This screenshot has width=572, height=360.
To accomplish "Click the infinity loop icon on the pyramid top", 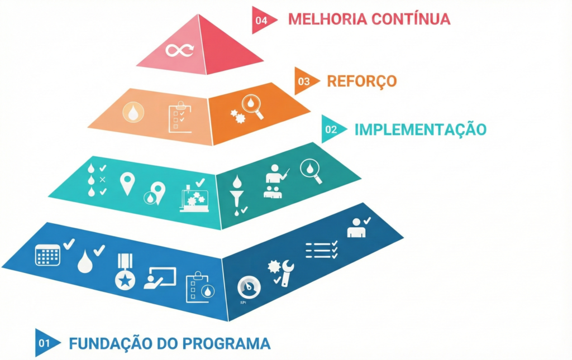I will pos(179,50).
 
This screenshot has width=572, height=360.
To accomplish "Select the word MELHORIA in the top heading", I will pos(320,19).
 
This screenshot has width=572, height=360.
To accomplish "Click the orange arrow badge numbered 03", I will pos(304,81).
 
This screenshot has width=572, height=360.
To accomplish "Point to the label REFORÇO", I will pos(362,81).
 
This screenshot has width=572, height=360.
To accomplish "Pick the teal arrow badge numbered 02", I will pos(331,129).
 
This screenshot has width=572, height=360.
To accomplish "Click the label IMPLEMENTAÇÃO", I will pos(420,129).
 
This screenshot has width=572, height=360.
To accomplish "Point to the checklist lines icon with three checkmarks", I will pos(321,249).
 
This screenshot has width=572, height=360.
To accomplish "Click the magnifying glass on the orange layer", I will pos(252,107).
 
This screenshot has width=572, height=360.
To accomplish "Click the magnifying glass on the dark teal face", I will pos(311,171).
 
